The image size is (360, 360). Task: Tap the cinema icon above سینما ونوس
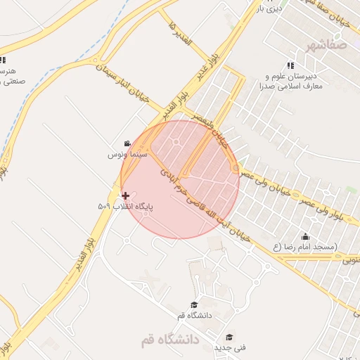(x=127, y=143)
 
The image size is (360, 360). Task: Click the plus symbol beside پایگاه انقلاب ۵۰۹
(x=125, y=195)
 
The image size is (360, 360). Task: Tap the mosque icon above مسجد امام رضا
(x=305, y=236)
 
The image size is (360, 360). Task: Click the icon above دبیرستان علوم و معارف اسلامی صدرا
(x=290, y=65)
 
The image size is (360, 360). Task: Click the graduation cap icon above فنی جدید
(x=229, y=337)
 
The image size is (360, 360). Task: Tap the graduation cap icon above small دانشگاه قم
(x=193, y=304)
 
